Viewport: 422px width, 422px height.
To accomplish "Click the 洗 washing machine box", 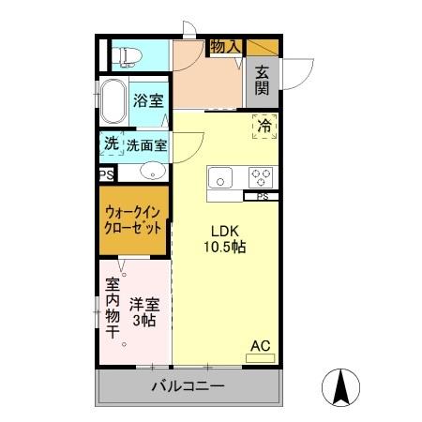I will pyautogui.click(x=112, y=144).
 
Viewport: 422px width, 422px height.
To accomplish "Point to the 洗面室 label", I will pyautogui.click(x=147, y=145).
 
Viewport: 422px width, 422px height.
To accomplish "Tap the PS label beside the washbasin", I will pyautogui.click(x=106, y=173).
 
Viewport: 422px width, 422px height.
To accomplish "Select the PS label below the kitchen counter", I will pyautogui.click(x=263, y=197).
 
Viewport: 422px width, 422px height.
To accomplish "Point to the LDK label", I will pyautogui.click(x=223, y=232).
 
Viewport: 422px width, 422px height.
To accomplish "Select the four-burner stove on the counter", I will pyautogui.click(x=260, y=175).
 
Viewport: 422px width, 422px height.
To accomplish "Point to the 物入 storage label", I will pyautogui.click(x=224, y=46).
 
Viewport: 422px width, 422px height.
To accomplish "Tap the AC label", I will pyautogui.click(x=260, y=347).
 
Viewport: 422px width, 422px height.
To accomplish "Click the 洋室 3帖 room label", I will pyautogui.click(x=144, y=311).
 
